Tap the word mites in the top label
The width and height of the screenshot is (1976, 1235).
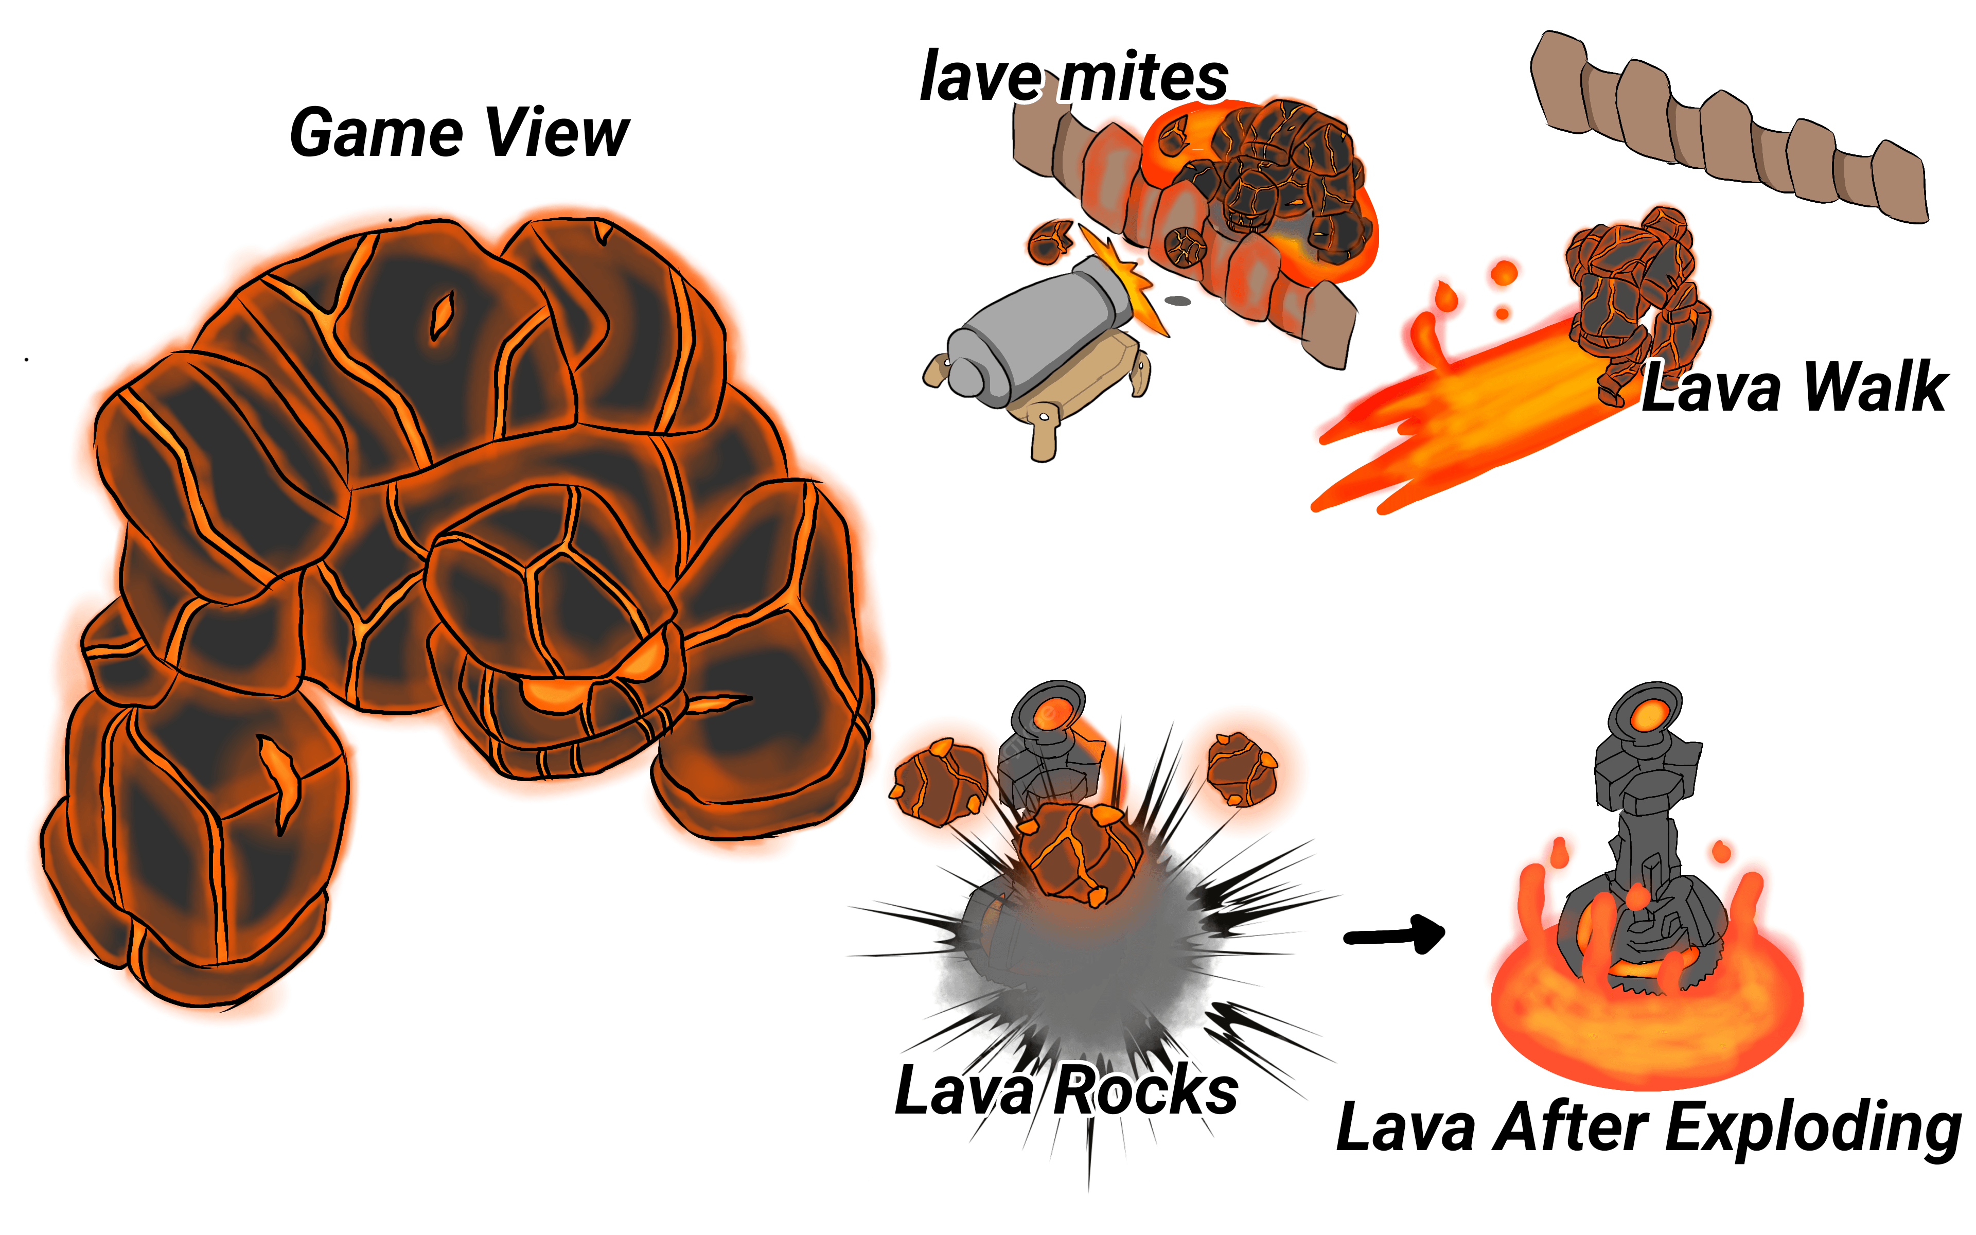point(1143,78)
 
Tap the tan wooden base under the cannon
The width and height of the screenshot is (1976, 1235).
point(1070,392)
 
